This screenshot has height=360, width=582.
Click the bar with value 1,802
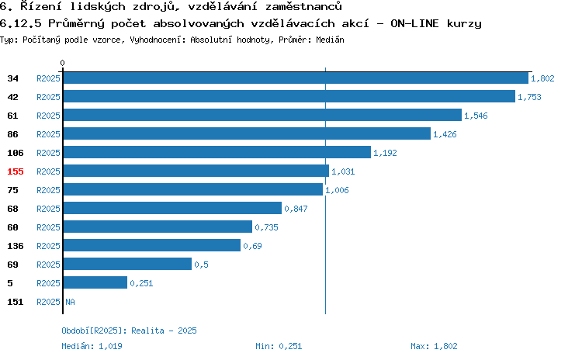pyautogui.click(x=296, y=78)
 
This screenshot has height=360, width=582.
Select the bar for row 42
pyautogui.click(x=289, y=96)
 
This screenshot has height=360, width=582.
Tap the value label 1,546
pyautogui.click(x=476, y=116)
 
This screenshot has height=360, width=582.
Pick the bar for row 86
pyautogui.click(x=247, y=133)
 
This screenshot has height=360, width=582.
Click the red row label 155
pyautogui.click(x=16, y=171)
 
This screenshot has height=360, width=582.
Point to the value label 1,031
pyautogui.click(x=343, y=171)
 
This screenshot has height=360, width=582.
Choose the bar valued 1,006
pyautogui.click(x=193, y=189)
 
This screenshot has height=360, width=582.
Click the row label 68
pyautogui.click(x=12, y=209)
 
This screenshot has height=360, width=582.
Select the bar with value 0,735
pyautogui.click(x=158, y=227)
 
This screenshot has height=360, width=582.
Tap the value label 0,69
pyautogui.click(x=252, y=246)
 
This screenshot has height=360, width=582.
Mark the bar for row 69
pyautogui.click(x=127, y=264)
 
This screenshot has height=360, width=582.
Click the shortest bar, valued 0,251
pyautogui.click(x=95, y=282)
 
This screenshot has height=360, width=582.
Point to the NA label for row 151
pyautogui.click(x=70, y=302)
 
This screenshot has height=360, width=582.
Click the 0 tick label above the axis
pyautogui.click(x=62, y=63)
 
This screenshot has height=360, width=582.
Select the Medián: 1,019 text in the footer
pyautogui.click(x=92, y=346)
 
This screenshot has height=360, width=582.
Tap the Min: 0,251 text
pyautogui.click(x=279, y=346)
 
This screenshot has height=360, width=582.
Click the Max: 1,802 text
pyautogui.click(x=434, y=346)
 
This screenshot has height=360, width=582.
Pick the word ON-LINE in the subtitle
pyautogui.click(x=414, y=23)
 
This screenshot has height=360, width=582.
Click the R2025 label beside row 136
pyautogui.click(x=48, y=246)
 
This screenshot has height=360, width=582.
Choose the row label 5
pyautogui.click(x=9, y=283)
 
